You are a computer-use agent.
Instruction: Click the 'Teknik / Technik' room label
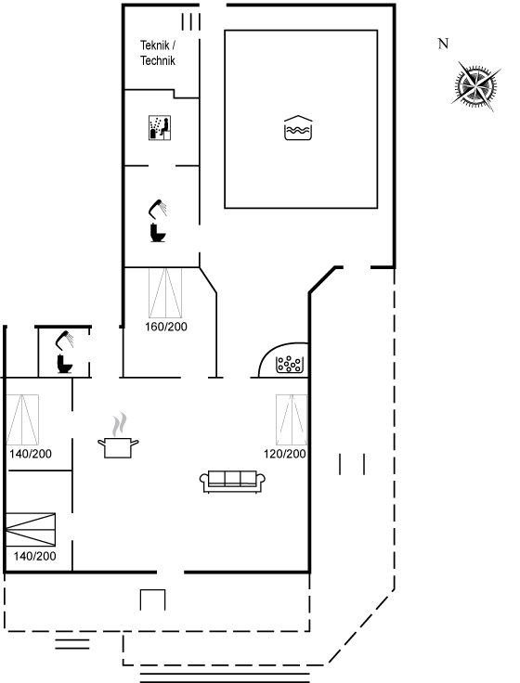[158, 53]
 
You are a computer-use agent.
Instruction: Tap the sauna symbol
[160, 128]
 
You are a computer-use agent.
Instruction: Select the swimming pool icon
[298, 128]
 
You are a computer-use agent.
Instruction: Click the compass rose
[475, 86]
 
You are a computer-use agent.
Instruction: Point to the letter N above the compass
[443, 44]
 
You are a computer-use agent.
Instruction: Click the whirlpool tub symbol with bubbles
[290, 364]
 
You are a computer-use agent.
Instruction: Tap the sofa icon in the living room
[232, 482]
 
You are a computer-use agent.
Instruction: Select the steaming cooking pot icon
[118, 435]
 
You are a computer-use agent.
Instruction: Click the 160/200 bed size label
[166, 327]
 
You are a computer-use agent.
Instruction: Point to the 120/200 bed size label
[285, 454]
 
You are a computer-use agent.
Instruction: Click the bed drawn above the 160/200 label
[165, 293]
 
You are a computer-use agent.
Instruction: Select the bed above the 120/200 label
[292, 419]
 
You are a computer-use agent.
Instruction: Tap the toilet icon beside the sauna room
[158, 233]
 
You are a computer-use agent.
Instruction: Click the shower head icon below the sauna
[158, 208]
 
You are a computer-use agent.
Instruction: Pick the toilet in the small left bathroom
[64, 364]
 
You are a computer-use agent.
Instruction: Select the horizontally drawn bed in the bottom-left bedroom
[31, 530]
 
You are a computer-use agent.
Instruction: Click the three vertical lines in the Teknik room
[191, 21]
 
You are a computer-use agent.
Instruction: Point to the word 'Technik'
[158, 60]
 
